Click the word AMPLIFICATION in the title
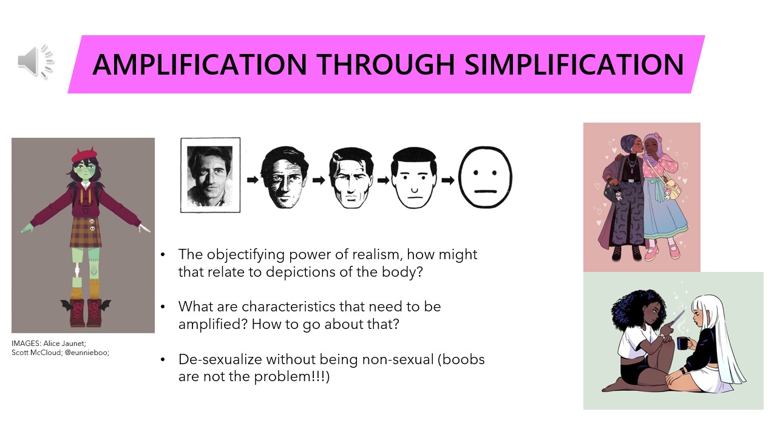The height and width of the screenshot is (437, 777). (x=200, y=64)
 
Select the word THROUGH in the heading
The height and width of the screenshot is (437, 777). (x=385, y=64)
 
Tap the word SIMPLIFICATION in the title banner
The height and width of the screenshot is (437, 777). (x=574, y=64)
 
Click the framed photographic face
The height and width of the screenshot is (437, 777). (x=210, y=175)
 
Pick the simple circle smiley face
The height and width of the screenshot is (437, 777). (x=485, y=177)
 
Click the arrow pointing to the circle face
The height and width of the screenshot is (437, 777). (x=448, y=180)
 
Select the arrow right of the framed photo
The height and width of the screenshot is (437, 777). (x=253, y=180)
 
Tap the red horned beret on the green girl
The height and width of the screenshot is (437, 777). (x=84, y=155)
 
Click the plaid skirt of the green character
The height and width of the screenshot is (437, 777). (x=86, y=232)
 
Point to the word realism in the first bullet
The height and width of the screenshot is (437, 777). (x=378, y=254)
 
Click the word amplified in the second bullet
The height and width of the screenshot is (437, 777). (x=212, y=324)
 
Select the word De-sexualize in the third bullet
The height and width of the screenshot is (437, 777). (x=220, y=359)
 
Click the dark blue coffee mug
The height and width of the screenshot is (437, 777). (x=682, y=343)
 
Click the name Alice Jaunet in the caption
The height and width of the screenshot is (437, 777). (x=64, y=344)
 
